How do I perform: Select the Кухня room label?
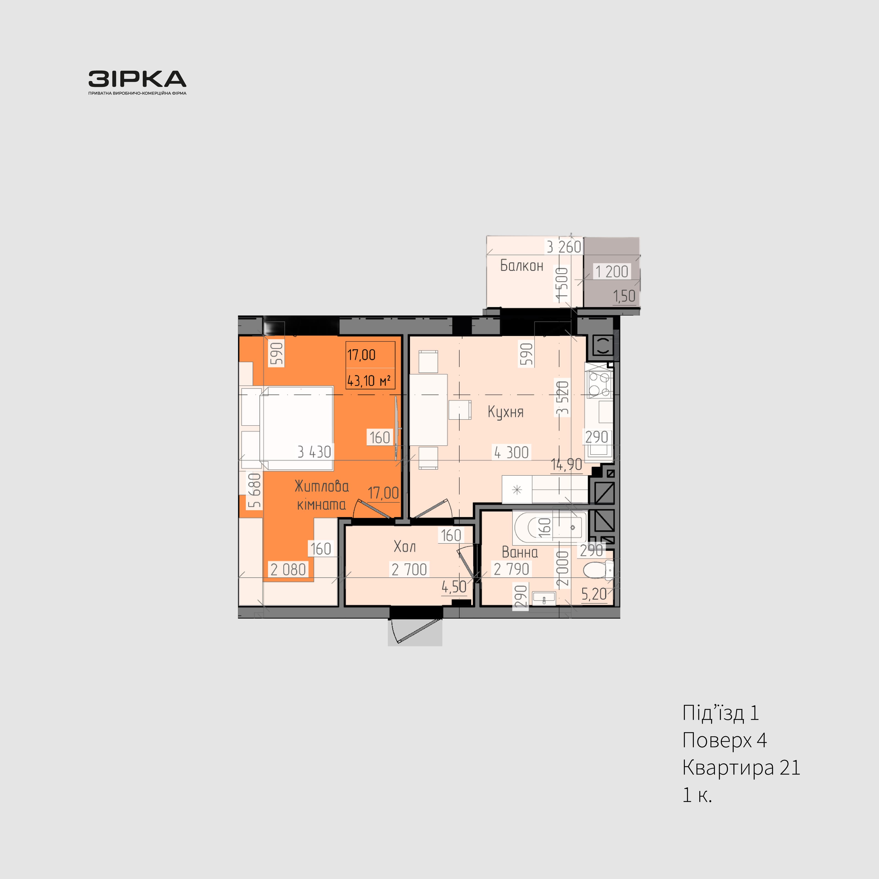(505, 412)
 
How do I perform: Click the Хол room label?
(404, 546)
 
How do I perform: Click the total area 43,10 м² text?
(369, 380)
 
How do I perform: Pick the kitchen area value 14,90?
(567, 464)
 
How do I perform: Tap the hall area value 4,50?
(454, 587)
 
